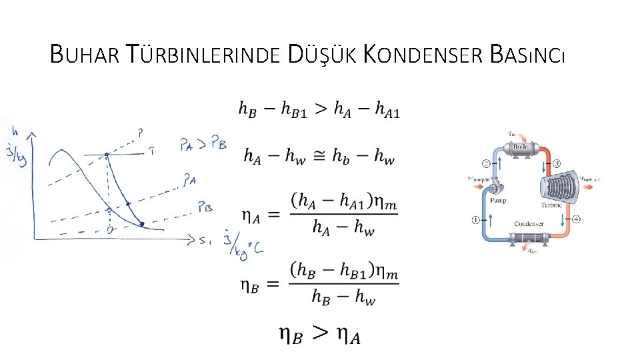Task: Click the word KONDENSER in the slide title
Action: [x=423, y=54]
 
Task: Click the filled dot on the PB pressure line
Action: [x=142, y=224]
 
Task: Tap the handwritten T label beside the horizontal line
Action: [x=153, y=151]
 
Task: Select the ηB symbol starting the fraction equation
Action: [x=250, y=285]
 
